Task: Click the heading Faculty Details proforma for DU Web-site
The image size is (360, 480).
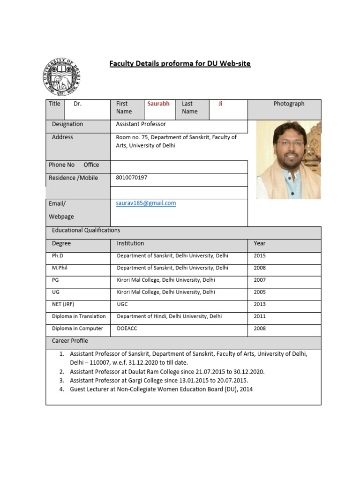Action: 180,64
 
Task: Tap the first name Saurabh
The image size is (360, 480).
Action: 158,104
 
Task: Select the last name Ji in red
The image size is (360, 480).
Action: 220,104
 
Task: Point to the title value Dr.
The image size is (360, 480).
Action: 78,104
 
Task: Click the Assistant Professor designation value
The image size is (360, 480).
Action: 141,124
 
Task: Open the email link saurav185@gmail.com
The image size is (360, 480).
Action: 146,203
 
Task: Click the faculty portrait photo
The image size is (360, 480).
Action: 288,159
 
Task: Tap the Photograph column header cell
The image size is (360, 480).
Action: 289,104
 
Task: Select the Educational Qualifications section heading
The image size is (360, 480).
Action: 86,230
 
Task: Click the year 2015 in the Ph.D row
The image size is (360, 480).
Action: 260,256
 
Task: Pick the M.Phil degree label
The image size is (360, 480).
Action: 60,268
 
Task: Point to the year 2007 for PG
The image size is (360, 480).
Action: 260,280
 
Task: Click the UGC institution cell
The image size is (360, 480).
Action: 122,304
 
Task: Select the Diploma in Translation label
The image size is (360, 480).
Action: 79,316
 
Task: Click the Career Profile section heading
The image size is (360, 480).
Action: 70,341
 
